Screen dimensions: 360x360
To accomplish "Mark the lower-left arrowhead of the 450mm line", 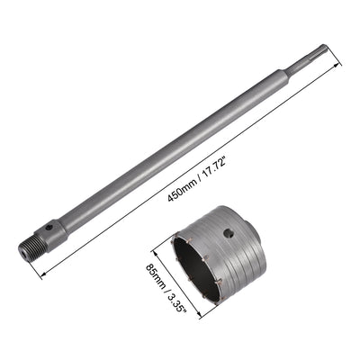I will [x=42, y=274].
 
